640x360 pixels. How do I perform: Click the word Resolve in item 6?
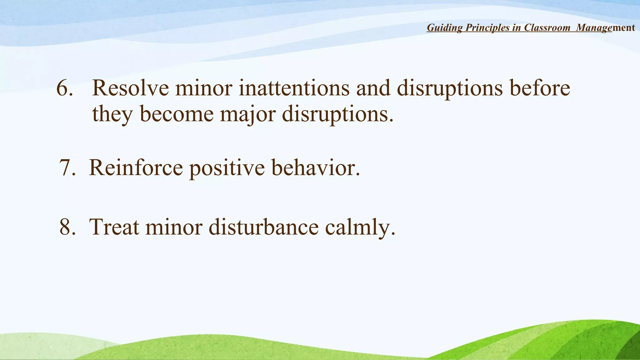coord(130,88)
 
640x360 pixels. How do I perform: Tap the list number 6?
coord(64,88)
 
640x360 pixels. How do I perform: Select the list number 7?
coord(67,168)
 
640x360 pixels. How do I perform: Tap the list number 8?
coord(67,227)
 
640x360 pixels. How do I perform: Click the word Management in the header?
coord(605,28)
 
